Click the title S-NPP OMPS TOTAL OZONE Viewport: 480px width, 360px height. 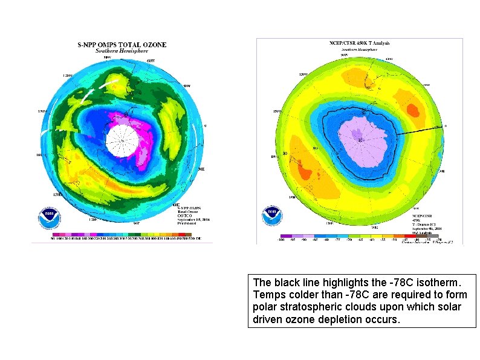(122, 44)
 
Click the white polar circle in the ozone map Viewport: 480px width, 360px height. (122, 140)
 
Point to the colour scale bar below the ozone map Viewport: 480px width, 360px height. (122, 234)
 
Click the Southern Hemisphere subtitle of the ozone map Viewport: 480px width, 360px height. (121, 51)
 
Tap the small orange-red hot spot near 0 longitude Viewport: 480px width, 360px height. (414, 110)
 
